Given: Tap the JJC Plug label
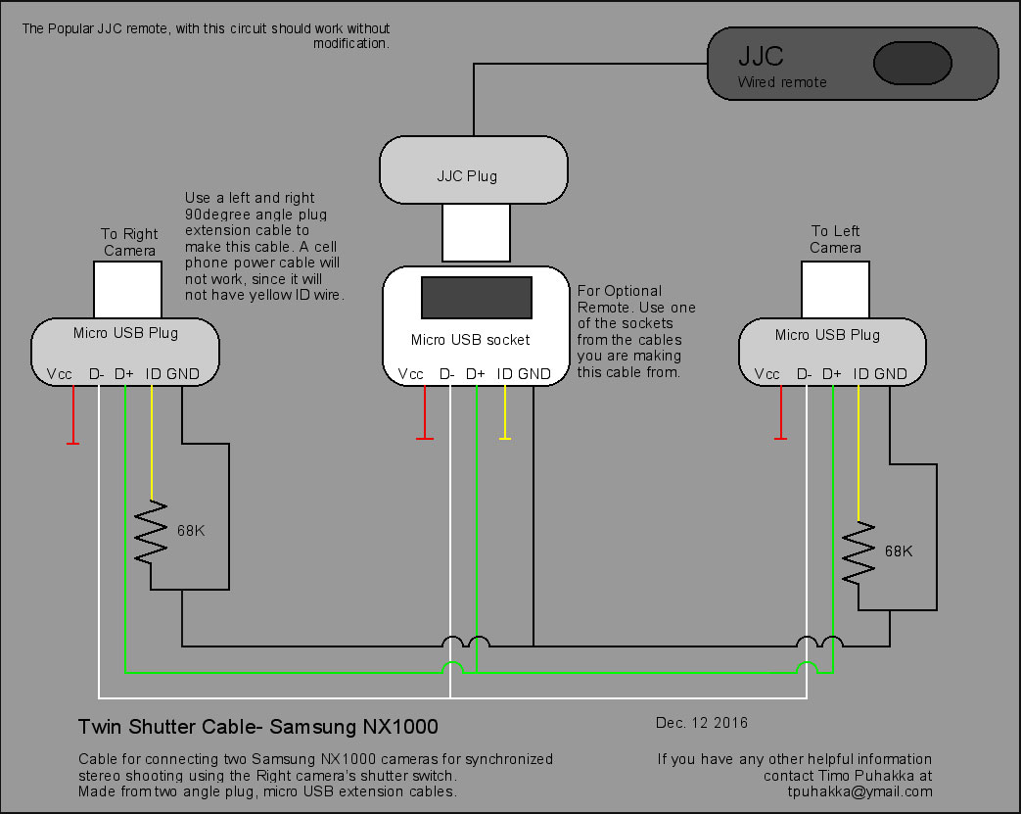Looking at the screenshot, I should (467, 176).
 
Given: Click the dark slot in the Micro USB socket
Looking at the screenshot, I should (477, 298).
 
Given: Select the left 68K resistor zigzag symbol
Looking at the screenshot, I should (152, 532).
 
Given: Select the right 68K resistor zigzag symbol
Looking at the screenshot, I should (859, 551).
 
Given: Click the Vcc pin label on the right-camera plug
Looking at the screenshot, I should (59, 374).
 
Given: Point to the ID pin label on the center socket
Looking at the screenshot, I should (504, 374).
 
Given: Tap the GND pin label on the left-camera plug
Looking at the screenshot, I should (891, 374).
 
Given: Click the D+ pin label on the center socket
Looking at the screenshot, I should (475, 374).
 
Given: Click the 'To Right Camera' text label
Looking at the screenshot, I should (129, 242).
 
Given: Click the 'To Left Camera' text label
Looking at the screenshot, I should (835, 239).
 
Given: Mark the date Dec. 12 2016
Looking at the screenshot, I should (701, 723).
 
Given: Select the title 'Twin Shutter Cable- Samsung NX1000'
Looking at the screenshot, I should (258, 728).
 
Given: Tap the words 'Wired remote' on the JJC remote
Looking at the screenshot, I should (782, 82).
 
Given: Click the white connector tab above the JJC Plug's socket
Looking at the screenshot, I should (475, 233).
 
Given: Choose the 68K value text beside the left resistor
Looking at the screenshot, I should (191, 530).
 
